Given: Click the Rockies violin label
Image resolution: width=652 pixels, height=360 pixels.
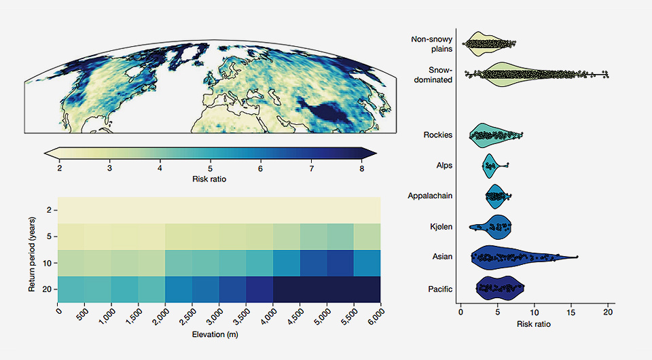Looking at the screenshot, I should pos(437,135).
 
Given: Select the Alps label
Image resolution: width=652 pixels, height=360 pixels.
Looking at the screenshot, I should pos(444,165).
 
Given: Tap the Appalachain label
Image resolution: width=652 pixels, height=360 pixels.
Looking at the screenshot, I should pos(430,196).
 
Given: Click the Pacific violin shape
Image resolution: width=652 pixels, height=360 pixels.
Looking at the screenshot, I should pos(500,288).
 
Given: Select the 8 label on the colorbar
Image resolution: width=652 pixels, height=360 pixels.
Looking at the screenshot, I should pos(361,168).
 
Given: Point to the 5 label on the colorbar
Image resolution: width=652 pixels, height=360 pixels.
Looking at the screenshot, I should pos(211,168).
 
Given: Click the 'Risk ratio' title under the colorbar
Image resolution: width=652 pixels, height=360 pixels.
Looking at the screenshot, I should pos(210,179).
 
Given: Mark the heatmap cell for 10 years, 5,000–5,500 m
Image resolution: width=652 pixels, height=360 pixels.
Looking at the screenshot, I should pos(340,263).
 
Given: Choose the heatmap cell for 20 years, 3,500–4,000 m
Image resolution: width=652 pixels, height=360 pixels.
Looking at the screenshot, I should pos(259,289).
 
